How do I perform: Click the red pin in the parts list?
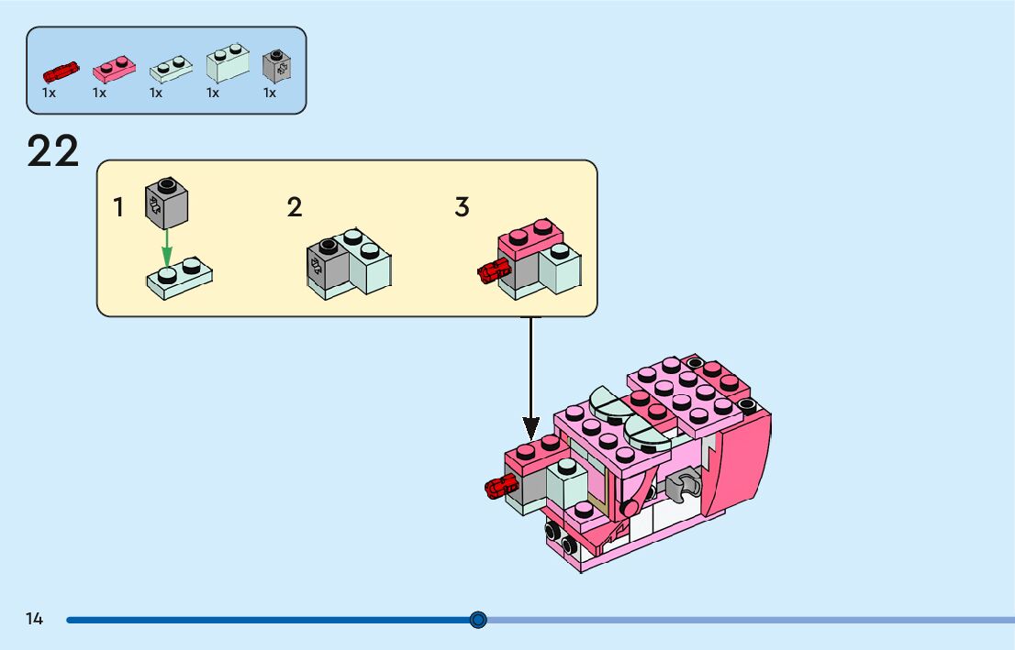coord(61,72)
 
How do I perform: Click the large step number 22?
coord(53,151)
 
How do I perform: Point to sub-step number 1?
coord(118,208)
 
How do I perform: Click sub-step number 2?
coord(295,207)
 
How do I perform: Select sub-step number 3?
coord(462,207)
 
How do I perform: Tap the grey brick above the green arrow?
coord(166,203)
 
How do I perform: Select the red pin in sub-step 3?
coord(494,270)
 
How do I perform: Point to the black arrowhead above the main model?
coord(530,428)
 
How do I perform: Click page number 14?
coord(34,620)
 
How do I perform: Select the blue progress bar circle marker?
coord(478,621)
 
